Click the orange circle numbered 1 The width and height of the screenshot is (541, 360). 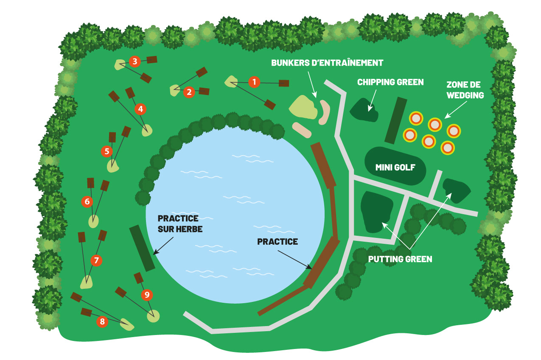[x=254, y=82]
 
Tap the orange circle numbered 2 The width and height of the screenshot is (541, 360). [x=189, y=92]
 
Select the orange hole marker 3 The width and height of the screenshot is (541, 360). [x=135, y=61]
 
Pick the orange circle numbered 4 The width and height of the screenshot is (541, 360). [x=140, y=109]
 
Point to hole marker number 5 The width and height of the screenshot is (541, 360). [x=107, y=151]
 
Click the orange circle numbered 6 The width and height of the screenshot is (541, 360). [x=87, y=201]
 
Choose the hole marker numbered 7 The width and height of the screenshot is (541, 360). [x=96, y=260]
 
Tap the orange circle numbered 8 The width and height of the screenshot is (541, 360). [x=102, y=322]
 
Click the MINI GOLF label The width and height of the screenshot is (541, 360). [x=395, y=167]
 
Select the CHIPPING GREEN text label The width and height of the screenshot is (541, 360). [x=390, y=82]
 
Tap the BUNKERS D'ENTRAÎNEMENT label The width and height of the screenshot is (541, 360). [x=327, y=63]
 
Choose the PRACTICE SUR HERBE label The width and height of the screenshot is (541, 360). [x=178, y=223]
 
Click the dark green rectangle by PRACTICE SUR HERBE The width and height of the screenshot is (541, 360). [x=142, y=248]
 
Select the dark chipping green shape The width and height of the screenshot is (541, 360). [x=364, y=110]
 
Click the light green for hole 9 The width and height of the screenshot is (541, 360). [x=154, y=315]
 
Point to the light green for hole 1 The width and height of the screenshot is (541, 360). [x=231, y=81]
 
